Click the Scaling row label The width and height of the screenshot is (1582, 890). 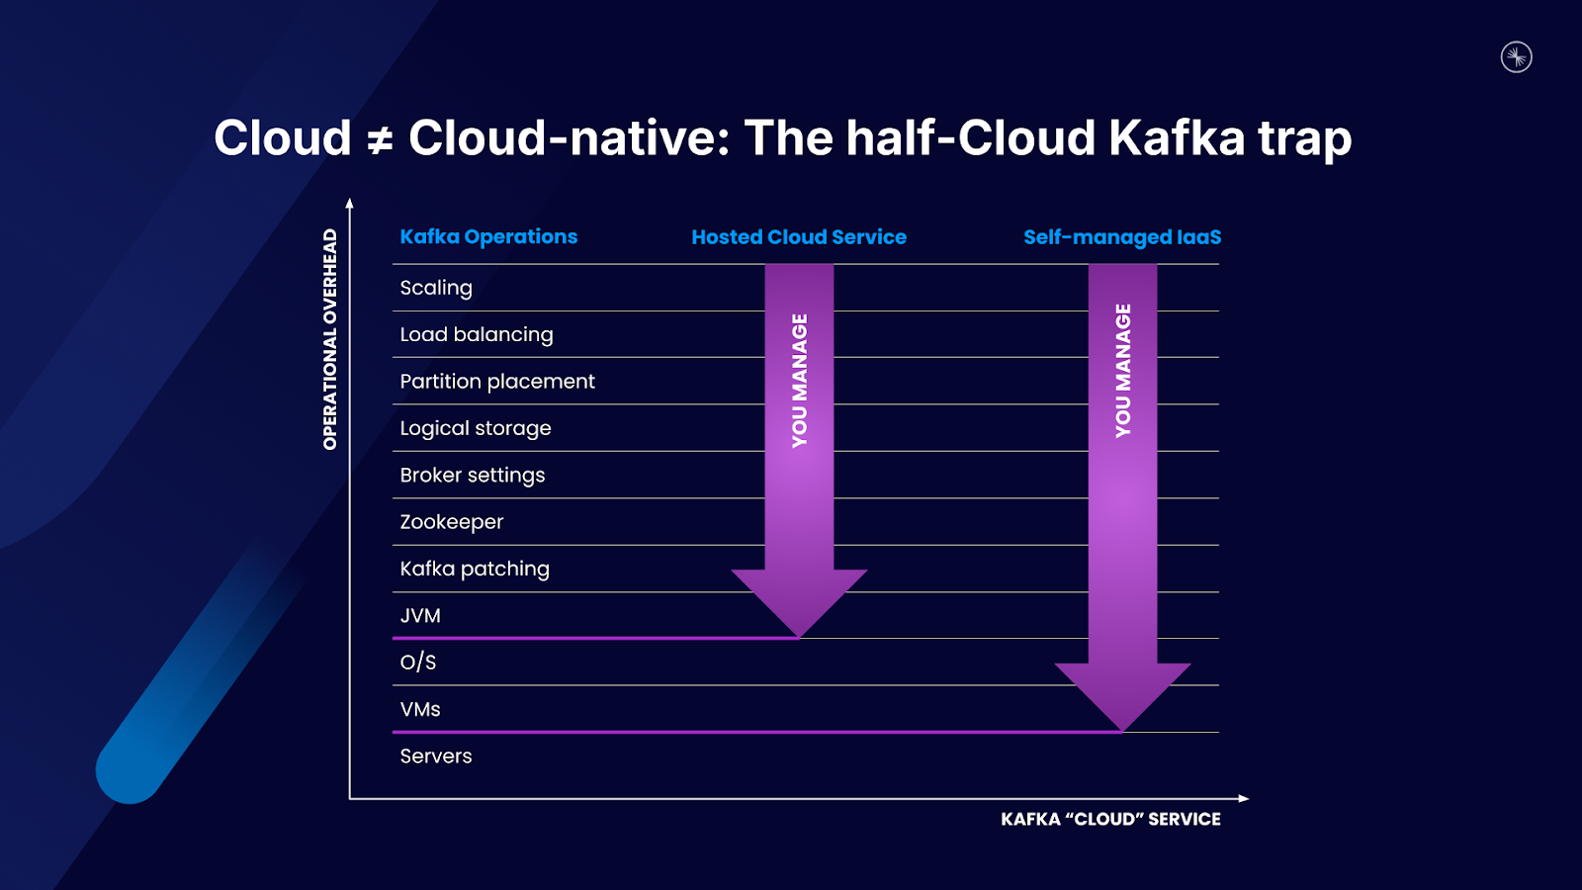tap(436, 288)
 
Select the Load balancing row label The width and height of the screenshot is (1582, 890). tap(477, 334)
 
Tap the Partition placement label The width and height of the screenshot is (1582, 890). tap(497, 382)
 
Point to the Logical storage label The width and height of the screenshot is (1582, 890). tap(476, 428)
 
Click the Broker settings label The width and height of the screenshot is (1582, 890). tap(473, 475)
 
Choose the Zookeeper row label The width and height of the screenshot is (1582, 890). tap(452, 522)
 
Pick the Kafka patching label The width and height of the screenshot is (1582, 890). tap(475, 569)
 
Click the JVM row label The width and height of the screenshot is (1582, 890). tap(420, 615)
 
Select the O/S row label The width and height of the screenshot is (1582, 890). tap(418, 663)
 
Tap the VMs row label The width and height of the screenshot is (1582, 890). tap(420, 709)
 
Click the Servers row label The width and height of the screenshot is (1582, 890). tap(436, 756)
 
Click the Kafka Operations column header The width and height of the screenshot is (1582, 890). tap(488, 237)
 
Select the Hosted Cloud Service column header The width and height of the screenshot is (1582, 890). tap(799, 237)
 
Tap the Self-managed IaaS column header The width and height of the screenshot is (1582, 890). tap(1122, 237)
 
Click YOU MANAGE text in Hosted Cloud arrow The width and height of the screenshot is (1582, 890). tap(800, 381)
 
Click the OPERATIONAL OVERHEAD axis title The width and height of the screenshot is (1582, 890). tap(330, 339)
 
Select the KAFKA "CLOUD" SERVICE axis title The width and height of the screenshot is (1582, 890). tap(1110, 819)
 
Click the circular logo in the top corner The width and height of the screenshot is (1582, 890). tap(1516, 57)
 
